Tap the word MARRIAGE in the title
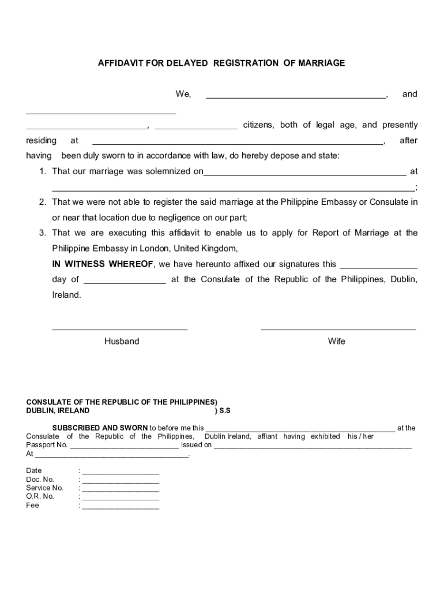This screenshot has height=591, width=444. (x=321, y=63)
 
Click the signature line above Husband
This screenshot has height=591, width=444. (x=120, y=329)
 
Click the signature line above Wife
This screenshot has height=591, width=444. (x=338, y=329)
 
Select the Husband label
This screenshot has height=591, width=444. (x=122, y=341)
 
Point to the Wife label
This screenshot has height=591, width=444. (x=337, y=341)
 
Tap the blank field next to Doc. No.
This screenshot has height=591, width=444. (x=121, y=481)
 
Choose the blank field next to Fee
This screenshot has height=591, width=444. (x=121, y=508)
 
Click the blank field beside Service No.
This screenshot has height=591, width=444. (x=121, y=490)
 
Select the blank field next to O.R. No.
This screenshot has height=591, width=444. (x=121, y=499)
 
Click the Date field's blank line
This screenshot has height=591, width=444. (x=121, y=473)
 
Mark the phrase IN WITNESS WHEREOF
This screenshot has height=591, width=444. (x=103, y=264)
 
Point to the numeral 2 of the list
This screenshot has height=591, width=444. (x=42, y=202)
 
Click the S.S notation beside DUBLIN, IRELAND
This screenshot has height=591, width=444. (x=223, y=411)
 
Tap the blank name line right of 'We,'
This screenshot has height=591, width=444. (x=296, y=98)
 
